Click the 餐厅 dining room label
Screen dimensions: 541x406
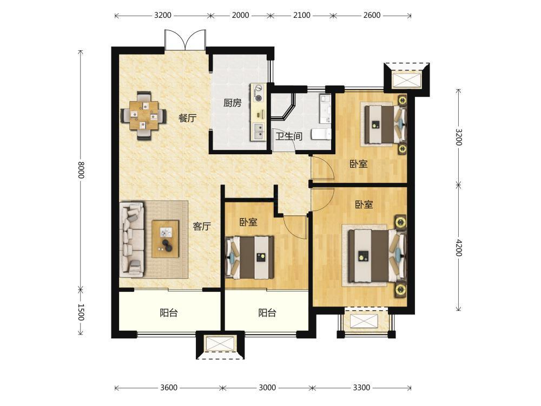point(187,118)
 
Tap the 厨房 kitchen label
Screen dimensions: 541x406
point(232,103)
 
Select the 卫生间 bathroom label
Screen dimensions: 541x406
point(289,136)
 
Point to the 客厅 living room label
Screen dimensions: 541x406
point(202,226)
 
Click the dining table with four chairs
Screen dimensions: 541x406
point(143,115)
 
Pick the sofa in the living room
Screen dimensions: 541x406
point(132,240)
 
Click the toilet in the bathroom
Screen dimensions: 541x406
point(321,134)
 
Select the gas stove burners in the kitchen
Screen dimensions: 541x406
point(258,93)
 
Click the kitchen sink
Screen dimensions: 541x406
point(258,132)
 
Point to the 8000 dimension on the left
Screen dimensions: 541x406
point(81,170)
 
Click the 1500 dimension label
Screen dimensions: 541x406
point(81,312)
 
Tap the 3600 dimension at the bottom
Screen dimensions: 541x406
point(169,388)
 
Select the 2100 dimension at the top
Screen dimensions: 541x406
point(301,15)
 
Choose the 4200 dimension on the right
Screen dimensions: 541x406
point(459,247)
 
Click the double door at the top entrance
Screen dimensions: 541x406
point(185,40)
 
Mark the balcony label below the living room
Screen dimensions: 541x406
point(169,313)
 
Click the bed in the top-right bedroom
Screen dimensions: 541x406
point(385,124)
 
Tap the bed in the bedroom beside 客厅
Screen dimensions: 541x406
point(249,258)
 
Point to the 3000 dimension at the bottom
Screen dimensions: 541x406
point(267,388)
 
